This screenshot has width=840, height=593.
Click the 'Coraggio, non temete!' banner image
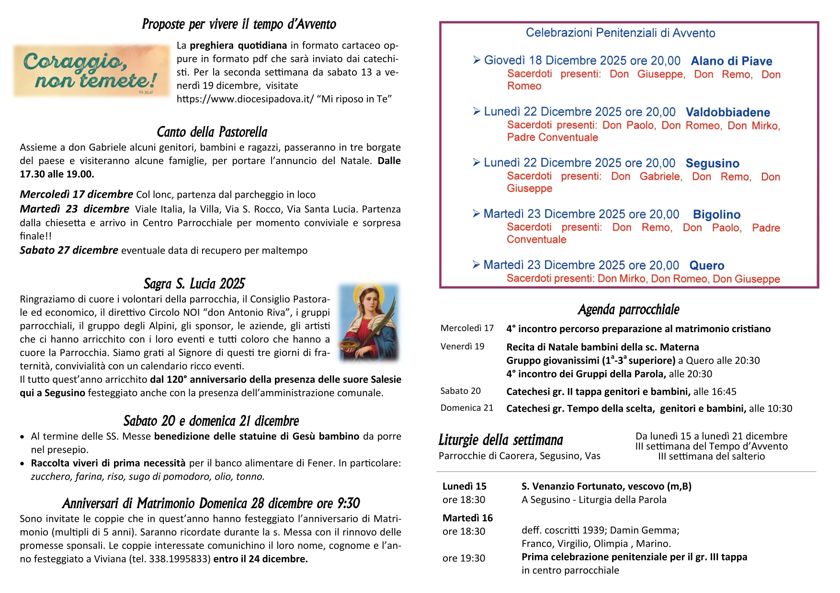tap(91, 71)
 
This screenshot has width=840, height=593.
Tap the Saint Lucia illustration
tap(368, 322)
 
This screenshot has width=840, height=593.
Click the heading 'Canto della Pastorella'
tap(212, 132)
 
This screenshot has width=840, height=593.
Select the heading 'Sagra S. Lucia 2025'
tap(194, 283)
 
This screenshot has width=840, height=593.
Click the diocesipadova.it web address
tap(245, 99)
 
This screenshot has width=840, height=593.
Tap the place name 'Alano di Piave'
tap(731, 61)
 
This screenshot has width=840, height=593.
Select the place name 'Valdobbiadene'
tap(727, 112)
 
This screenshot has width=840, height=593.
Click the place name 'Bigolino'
tap(716, 214)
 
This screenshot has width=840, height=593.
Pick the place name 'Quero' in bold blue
tap(706, 266)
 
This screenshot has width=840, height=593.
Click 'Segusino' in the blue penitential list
tap(712, 164)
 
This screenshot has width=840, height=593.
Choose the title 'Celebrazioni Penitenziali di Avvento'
tap(620, 33)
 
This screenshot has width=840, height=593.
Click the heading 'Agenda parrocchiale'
tap(628, 310)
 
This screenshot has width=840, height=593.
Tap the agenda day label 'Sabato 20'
tap(460, 391)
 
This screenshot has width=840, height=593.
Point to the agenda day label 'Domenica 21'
tap(466, 408)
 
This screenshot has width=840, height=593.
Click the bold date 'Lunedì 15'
tap(464, 486)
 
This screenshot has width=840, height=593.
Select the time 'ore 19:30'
tap(464, 558)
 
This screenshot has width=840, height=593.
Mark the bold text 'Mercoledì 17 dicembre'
tap(77, 194)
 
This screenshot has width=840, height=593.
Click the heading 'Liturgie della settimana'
tap(500, 440)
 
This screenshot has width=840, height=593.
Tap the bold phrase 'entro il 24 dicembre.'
tap(261, 559)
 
